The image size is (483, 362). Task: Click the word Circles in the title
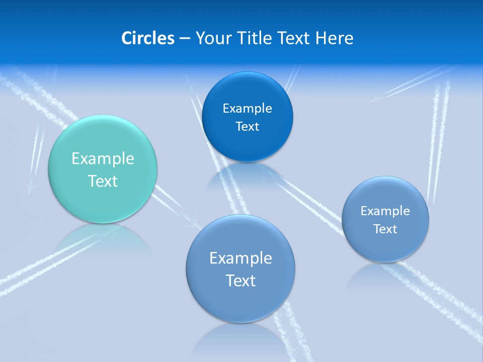point(147,38)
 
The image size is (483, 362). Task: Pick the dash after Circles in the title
point(184,39)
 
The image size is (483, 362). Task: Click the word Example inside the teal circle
point(103,159)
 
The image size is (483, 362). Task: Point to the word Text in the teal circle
point(103,181)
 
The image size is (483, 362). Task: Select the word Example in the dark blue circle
point(247,109)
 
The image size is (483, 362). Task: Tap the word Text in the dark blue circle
point(247,127)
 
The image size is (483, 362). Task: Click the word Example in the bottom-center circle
point(240,258)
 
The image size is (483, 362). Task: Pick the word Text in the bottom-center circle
point(240,281)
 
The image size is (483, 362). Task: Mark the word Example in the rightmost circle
point(385,211)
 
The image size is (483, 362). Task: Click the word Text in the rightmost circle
point(385,229)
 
